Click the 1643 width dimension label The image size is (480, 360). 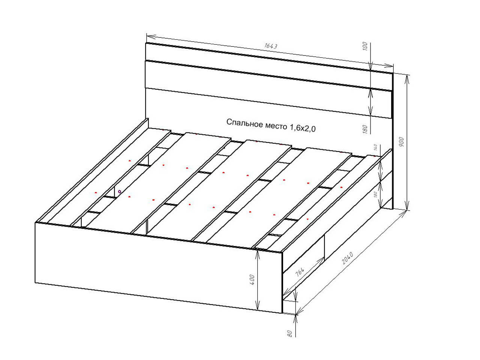click(271, 46)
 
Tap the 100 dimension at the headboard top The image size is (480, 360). click(365, 46)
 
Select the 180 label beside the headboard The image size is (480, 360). click(365, 129)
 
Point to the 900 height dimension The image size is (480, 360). click(402, 142)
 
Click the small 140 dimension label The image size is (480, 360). click(375, 147)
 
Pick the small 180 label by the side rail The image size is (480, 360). click(375, 194)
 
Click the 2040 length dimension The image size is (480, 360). click(347, 258)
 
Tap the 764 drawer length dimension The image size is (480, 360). click(300, 272)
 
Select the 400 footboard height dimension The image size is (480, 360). click(252, 280)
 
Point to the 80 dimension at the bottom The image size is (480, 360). click(289, 333)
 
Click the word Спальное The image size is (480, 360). click(244, 123)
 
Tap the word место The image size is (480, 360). click(276, 126)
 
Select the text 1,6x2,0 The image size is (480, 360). click(303, 128)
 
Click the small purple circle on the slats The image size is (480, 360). click(119, 192)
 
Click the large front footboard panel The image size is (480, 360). click(159, 268)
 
